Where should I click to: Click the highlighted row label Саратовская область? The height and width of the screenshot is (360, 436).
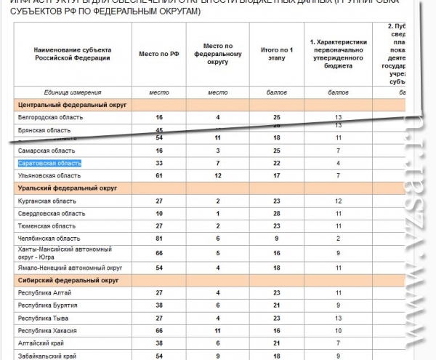pyautogui.click(x=49, y=163)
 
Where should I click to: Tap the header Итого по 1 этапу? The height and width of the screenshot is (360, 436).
pyautogui.click(x=276, y=54)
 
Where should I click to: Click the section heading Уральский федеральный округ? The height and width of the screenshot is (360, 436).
pyautogui.click(x=63, y=188)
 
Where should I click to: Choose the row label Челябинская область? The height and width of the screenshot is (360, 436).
pyautogui.click(x=49, y=238)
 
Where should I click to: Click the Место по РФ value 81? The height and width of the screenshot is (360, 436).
pyautogui.click(x=158, y=238)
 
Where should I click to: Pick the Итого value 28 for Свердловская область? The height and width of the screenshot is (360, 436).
pyautogui.click(x=276, y=213)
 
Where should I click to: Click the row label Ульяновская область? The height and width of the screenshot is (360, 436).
pyautogui.click(x=49, y=175)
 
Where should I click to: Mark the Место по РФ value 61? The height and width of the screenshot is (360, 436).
pyautogui.click(x=158, y=175)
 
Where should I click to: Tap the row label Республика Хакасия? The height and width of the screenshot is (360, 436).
pyautogui.click(x=48, y=330)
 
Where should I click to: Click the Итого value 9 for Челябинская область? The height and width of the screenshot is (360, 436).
pyautogui.click(x=276, y=238)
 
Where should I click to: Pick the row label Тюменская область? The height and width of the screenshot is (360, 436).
pyautogui.click(x=47, y=225)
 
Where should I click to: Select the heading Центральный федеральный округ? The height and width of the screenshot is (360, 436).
pyautogui.click(x=71, y=105)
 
